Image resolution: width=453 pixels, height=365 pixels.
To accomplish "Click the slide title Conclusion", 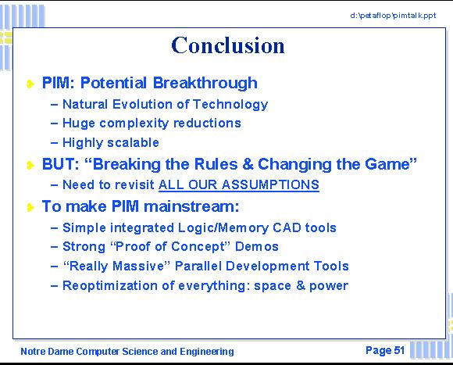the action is (x=228, y=45).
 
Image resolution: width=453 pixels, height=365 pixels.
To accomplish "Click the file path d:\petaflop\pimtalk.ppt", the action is (x=393, y=16).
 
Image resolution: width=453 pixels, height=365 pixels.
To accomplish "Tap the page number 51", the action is (x=399, y=350).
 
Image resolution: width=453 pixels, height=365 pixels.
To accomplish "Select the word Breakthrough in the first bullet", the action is (x=205, y=83).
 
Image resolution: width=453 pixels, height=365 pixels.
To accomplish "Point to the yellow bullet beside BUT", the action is (x=30, y=165).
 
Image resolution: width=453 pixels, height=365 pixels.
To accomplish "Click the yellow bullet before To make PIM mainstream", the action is (x=30, y=207).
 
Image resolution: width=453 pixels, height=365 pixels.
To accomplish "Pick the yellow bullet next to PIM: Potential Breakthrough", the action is (x=30, y=84).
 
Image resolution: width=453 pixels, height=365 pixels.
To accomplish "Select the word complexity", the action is (x=134, y=123).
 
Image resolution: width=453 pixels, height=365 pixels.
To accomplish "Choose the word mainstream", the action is (x=191, y=206).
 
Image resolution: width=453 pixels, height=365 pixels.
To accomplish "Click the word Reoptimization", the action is (x=110, y=286).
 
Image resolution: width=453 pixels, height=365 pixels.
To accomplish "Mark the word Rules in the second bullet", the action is (x=216, y=164).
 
